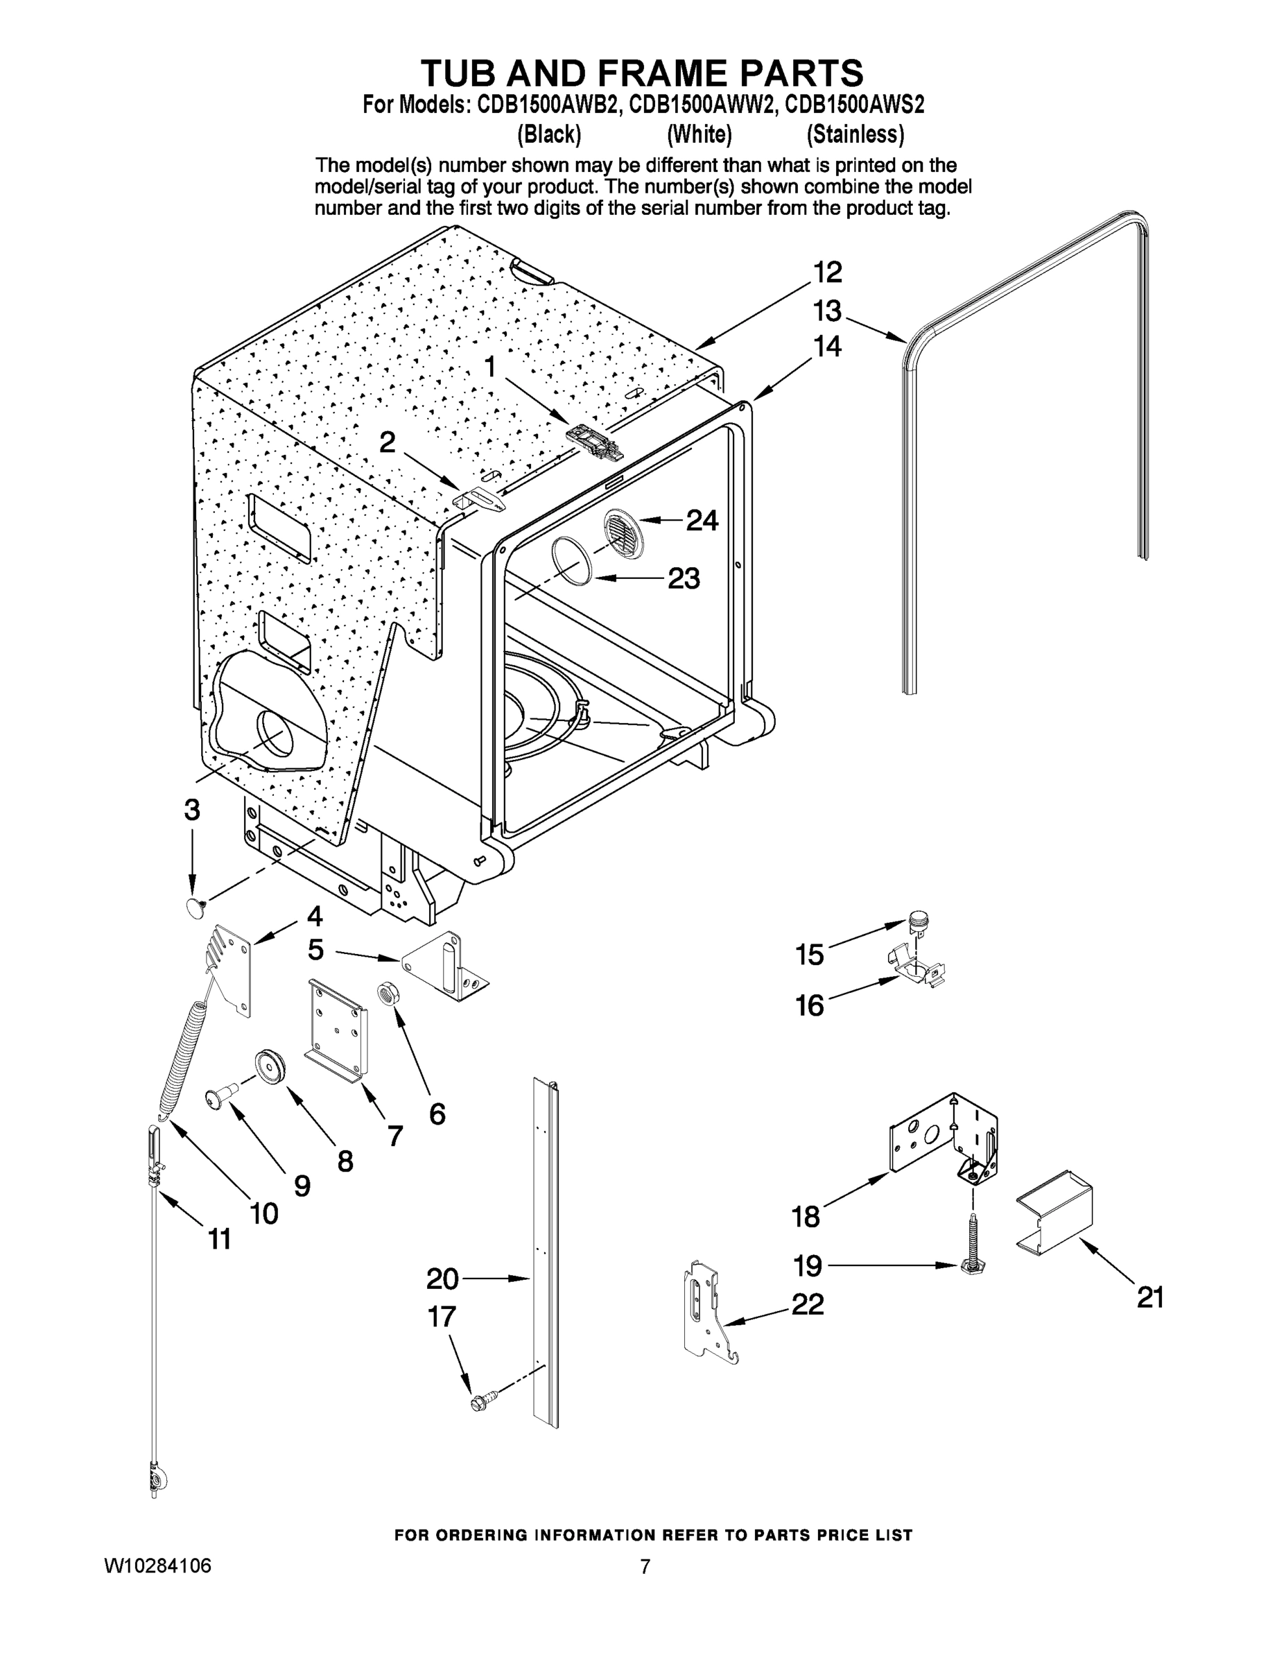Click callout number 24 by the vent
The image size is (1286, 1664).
702,521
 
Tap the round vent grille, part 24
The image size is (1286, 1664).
623,531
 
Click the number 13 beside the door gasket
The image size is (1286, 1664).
826,311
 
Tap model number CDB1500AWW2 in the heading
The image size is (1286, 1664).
700,105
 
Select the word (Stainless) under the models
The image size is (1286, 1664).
855,135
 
